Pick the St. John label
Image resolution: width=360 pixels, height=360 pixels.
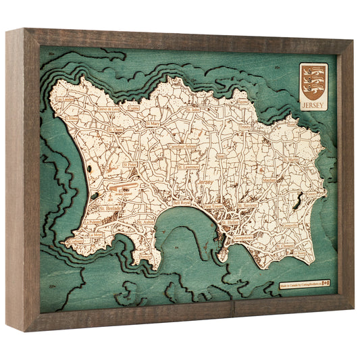pyautogui.click(x=192, y=108)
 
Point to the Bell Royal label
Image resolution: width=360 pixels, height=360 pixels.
pyautogui.click(x=182, y=203)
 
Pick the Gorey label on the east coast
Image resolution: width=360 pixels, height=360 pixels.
pyautogui.click(x=310, y=193)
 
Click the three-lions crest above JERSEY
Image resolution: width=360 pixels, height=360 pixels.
pyautogui.click(x=313, y=82)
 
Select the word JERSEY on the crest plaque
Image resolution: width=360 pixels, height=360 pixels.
pyautogui.click(x=313, y=105)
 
